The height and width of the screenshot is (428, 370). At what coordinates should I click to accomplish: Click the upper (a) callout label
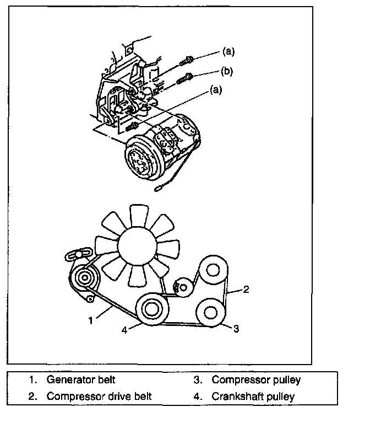(228, 52)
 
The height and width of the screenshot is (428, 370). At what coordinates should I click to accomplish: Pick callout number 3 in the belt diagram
(236, 329)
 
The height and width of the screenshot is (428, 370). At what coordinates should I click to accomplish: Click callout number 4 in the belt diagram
(124, 330)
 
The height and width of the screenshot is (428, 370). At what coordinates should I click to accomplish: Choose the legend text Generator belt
(81, 379)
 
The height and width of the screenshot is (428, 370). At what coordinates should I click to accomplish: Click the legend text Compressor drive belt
(99, 396)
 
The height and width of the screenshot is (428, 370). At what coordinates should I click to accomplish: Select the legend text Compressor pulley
(256, 379)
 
